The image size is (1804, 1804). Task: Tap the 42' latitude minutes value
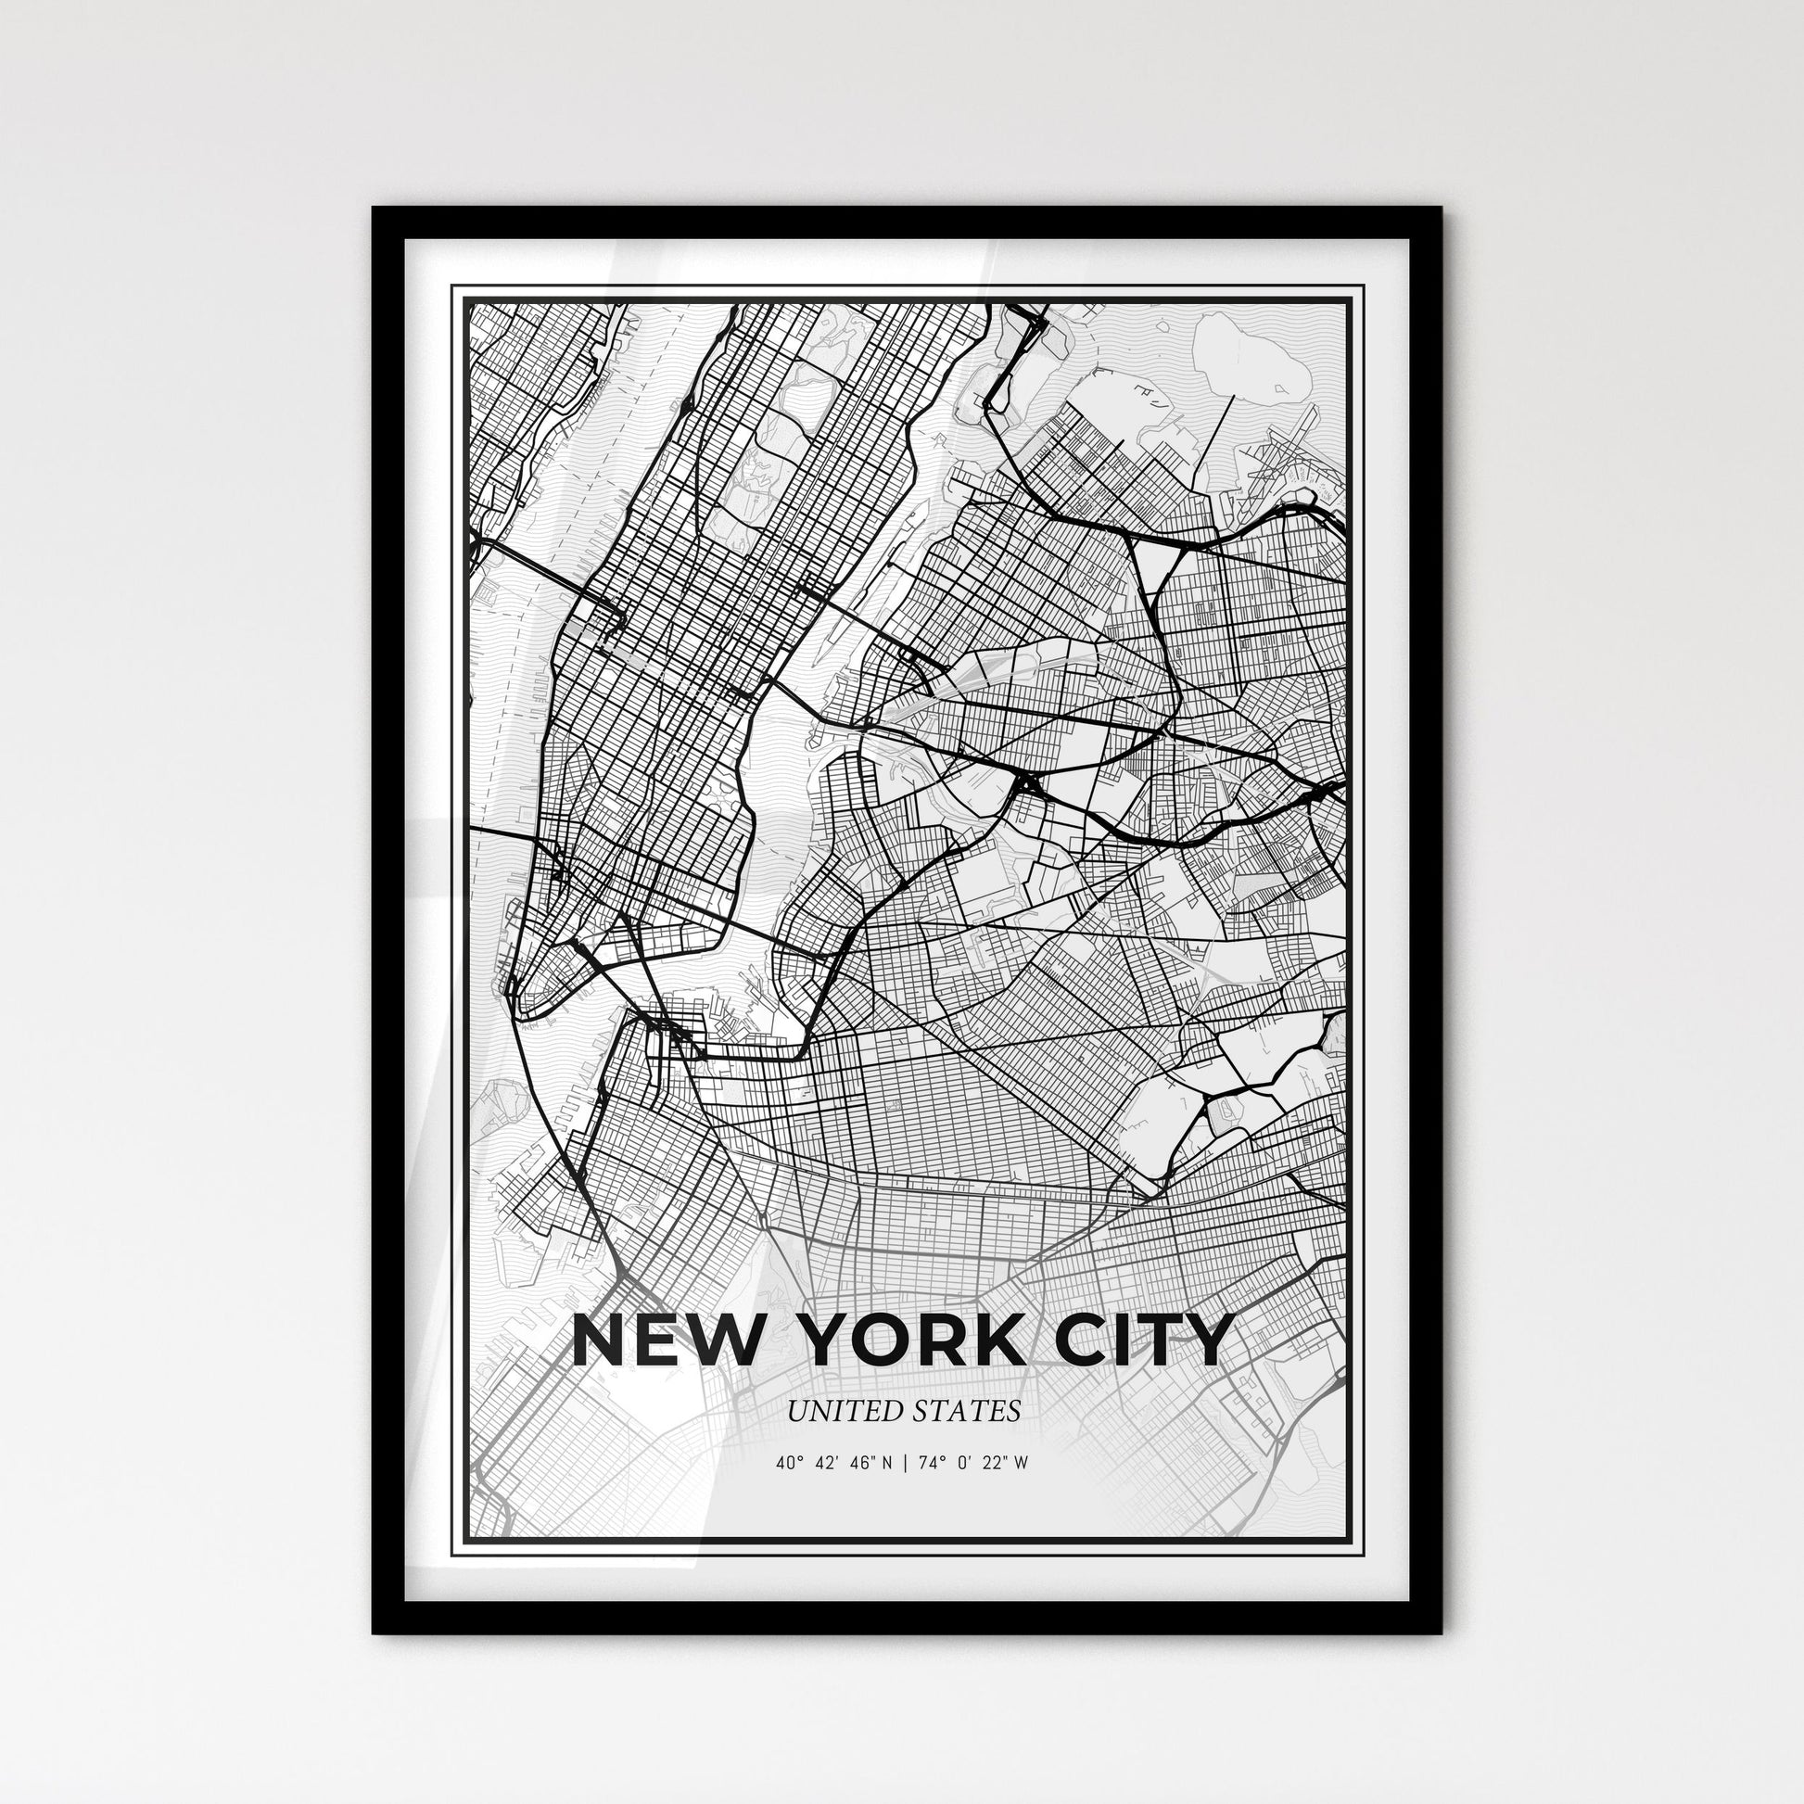825,1463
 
